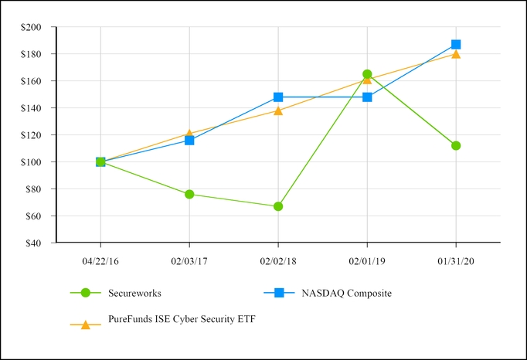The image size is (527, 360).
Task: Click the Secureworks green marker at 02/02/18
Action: pos(278,206)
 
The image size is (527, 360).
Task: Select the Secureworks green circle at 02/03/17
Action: pos(189,194)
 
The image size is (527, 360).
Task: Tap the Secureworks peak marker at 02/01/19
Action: pos(367,74)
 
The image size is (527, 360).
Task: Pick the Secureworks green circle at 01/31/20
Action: pos(456,145)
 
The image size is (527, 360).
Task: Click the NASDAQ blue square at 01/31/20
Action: pos(456,45)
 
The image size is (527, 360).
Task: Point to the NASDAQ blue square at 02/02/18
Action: pos(278,97)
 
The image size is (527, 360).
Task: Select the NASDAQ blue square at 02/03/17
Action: pos(189,141)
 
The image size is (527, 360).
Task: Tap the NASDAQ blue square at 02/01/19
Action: pos(367,97)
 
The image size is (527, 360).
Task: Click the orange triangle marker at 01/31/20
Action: pos(456,54)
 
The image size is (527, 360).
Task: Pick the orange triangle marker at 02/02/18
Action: pos(278,110)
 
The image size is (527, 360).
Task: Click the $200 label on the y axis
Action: pos(37,27)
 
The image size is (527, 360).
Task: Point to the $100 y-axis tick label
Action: pos(37,162)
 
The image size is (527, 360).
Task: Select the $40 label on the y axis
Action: pos(39,243)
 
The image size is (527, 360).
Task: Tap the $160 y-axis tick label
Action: pos(37,81)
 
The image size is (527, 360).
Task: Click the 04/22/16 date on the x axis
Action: pos(100,261)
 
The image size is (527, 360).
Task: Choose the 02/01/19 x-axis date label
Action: pos(367,261)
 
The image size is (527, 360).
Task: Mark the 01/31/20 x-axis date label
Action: pos(456,261)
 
